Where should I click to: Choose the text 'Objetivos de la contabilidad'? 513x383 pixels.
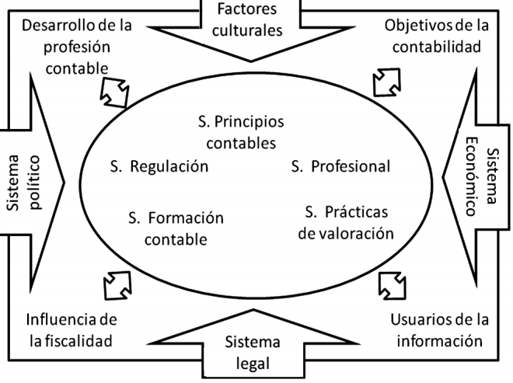(x=437, y=35)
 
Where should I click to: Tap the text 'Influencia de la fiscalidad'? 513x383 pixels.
(x=71, y=330)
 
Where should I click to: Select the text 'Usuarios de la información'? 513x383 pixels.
(x=438, y=330)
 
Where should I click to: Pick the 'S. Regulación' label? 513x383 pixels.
(x=159, y=165)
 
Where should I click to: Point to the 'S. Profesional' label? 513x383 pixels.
(x=340, y=165)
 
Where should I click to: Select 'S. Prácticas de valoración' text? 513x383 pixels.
(x=347, y=221)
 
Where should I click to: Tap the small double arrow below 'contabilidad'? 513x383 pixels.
(x=386, y=79)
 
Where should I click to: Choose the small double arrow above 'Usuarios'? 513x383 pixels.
(x=391, y=284)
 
